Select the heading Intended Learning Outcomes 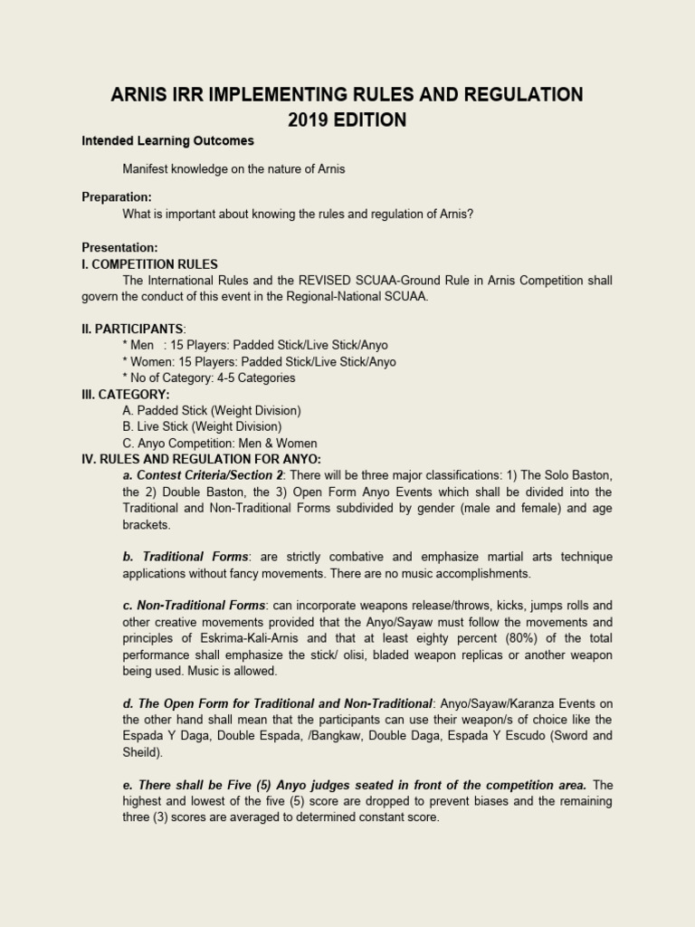(x=167, y=141)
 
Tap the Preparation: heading (x=117, y=197)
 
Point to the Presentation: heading (x=119, y=247)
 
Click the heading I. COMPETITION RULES (x=149, y=264)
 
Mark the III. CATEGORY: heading (x=126, y=394)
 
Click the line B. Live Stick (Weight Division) (x=202, y=426)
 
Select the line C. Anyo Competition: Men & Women (x=220, y=443)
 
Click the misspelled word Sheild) (x=146, y=752)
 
